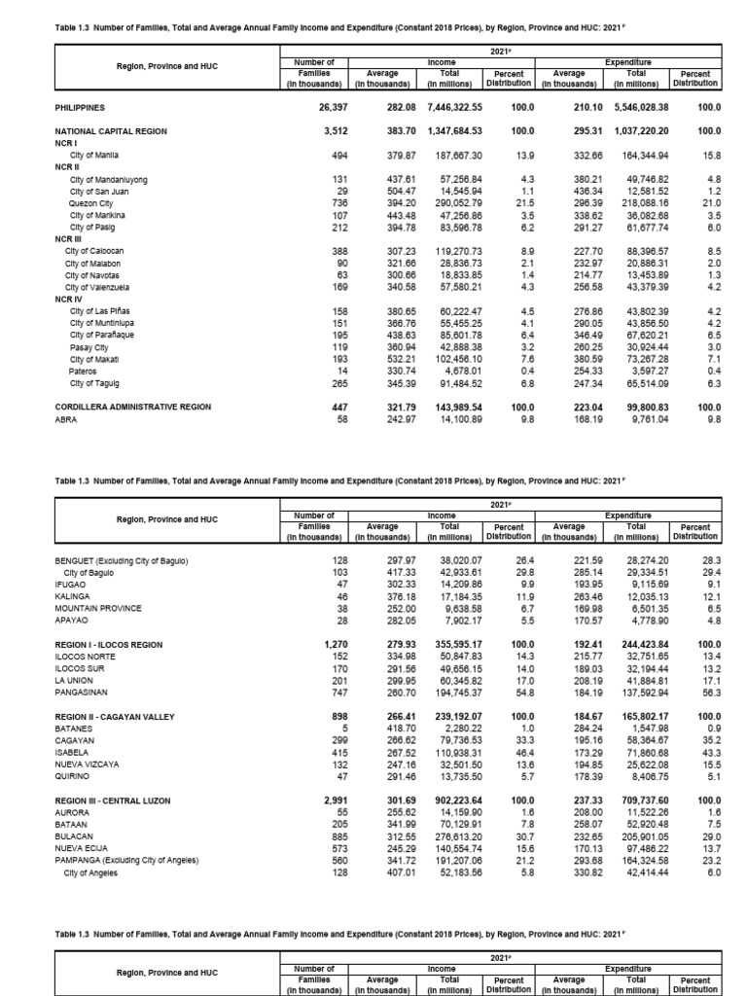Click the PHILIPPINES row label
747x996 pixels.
click(80, 108)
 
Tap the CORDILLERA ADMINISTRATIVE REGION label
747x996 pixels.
click(132, 407)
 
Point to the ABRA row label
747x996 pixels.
click(66, 419)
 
